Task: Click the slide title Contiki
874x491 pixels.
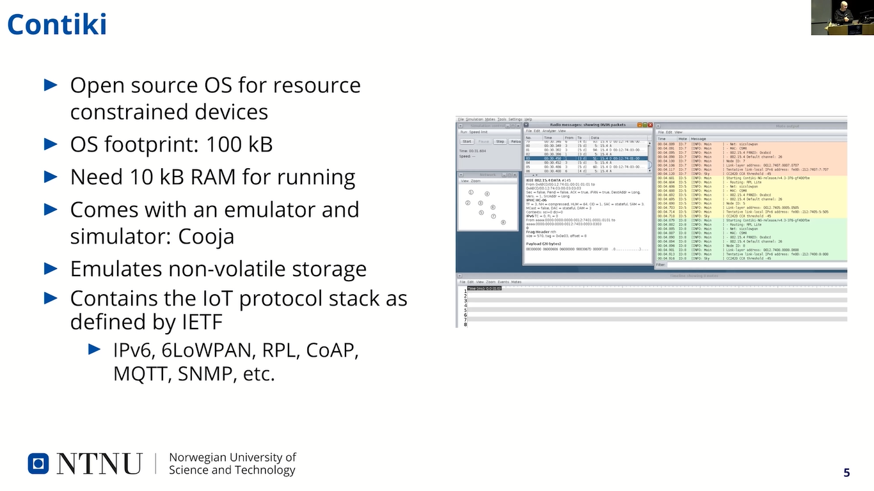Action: point(57,24)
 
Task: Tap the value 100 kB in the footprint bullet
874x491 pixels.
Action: point(239,144)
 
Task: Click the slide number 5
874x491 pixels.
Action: point(846,472)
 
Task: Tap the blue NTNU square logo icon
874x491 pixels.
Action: point(38,464)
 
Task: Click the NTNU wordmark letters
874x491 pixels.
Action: point(99,464)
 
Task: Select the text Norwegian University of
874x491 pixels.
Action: point(232,457)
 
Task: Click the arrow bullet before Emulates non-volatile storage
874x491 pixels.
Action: point(51,268)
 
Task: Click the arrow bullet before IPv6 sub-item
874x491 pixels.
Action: point(94,349)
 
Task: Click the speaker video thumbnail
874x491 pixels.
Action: point(842,17)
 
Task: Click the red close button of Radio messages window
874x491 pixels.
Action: point(650,125)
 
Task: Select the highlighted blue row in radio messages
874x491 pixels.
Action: point(586,158)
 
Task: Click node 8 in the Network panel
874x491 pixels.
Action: point(504,222)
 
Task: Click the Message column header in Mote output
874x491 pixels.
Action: point(698,139)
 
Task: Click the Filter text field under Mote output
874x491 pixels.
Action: point(755,264)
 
